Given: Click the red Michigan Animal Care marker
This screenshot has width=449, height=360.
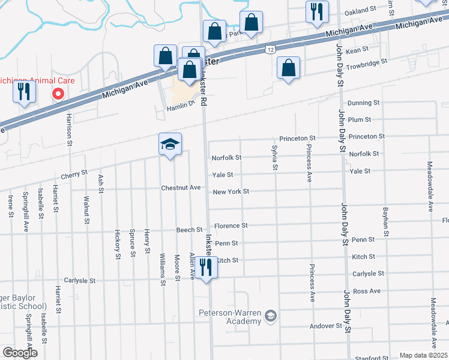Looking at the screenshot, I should coord(58,94).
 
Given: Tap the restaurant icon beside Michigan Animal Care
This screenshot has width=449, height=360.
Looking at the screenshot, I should coord(24,92).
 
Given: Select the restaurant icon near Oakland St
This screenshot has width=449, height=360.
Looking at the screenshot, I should coord(316,12).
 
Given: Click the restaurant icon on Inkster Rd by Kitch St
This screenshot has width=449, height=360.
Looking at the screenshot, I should coord(206,268).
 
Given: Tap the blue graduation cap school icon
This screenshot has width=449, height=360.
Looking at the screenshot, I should coord(170,145).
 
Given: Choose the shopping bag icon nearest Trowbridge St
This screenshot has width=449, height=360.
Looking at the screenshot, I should coord(289,68).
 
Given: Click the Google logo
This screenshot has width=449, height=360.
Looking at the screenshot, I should coord(20,353).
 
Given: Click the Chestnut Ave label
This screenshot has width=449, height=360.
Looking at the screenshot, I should coord(181,188).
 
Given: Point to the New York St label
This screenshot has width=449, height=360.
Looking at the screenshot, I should coord(231,191).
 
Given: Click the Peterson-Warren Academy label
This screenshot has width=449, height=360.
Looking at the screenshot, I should coord(231,317).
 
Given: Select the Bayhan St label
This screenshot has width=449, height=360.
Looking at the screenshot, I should coord(385,221).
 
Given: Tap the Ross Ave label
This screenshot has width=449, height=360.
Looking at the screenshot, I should coord(367,291).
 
